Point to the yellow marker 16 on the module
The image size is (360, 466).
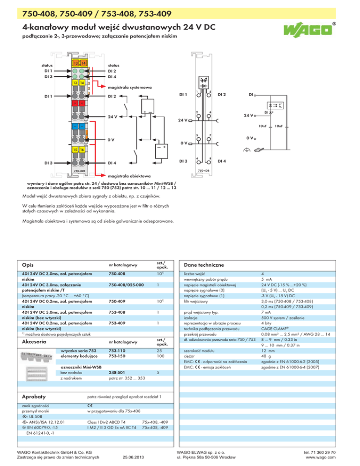[x=82, y=149]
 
